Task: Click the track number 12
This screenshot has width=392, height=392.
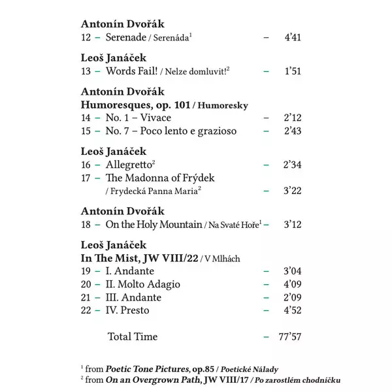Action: [x=86, y=38]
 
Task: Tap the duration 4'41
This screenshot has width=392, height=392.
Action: [x=291, y=38]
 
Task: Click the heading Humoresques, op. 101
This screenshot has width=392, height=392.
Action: [x=137, y=105]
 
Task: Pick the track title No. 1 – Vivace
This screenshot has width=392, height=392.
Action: [x=139, y=118]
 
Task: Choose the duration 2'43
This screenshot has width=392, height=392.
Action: [x=291, y=131]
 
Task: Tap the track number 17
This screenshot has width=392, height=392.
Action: [x=86, y=178]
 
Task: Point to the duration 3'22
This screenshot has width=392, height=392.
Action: [x=291, y=191]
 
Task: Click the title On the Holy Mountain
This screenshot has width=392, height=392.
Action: [x=154, y=225]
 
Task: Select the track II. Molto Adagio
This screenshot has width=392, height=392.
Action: [x=143, y=284]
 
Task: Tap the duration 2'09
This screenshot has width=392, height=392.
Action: [x=291, y=297]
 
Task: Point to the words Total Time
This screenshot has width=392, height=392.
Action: [x=132, y=337]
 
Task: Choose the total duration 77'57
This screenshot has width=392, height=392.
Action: [x=289, y=337]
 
